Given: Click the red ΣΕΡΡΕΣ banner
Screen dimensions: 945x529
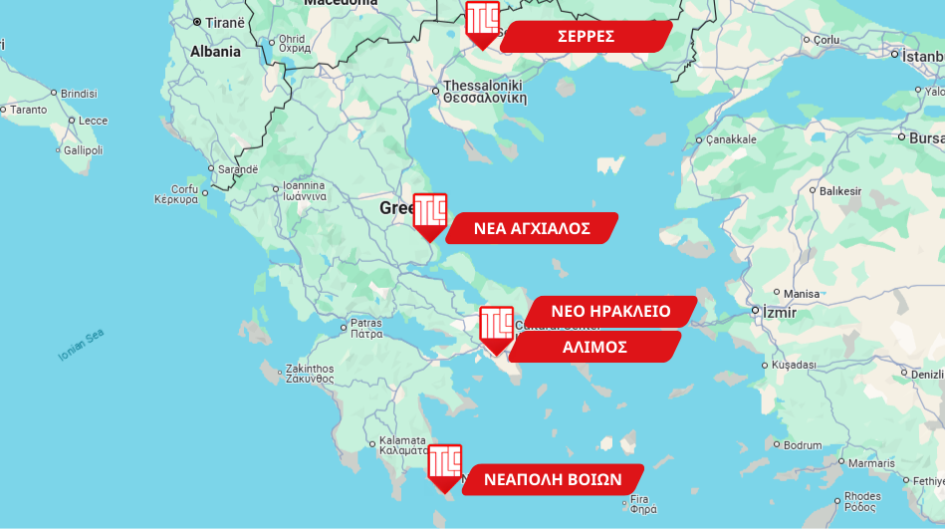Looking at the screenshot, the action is [x=586, y=37].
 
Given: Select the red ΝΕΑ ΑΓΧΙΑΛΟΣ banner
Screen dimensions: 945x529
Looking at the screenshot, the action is [x=532, y=228].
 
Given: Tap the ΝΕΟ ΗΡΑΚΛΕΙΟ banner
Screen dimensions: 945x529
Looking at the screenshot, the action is [x=610, y=311].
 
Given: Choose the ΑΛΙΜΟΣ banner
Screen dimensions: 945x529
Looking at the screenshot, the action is [x=594, y=347].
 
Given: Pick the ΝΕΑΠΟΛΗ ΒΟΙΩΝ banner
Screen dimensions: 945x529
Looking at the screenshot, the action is [x=553, y=479].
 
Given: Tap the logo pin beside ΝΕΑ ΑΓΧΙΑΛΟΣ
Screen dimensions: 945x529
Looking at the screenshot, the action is [x=429, y=214].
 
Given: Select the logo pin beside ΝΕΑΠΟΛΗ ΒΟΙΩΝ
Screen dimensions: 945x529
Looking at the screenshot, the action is [x=444, y=465].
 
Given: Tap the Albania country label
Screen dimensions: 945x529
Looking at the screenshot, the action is [x=215, y=52].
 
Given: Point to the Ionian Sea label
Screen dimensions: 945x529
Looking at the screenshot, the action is [x=81, y=345].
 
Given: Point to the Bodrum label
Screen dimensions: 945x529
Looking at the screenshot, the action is [x=803, y=444].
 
